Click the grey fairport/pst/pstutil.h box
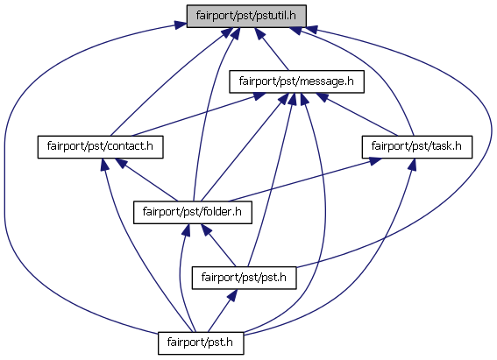(x=246, y=16)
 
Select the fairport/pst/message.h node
(x=296, y=81)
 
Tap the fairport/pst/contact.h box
(x=100, y=147)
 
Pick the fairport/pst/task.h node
(x=417, y=147)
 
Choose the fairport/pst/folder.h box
(x=192, y=212)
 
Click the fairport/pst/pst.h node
(x=244, y=278)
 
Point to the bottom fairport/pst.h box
(x=201, y=342)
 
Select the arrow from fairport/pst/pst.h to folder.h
(x=219, y=245)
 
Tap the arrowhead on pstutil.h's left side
(x=180, y=25)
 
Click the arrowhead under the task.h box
(x=411, y=165)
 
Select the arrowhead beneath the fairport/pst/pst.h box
(x=232, y=295)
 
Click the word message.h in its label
(x=326, y=81)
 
